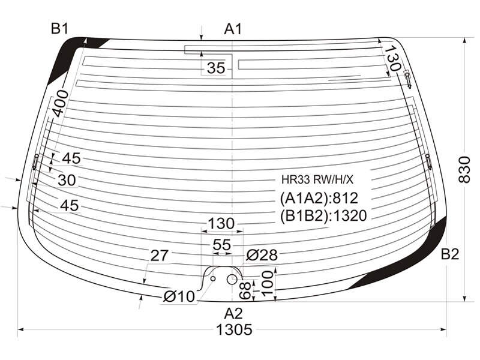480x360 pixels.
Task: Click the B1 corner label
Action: click(59, 29)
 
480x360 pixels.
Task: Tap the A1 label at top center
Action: click(233, 29)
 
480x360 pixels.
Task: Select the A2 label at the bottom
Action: click(233, 313)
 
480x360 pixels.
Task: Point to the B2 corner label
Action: click(449, 254)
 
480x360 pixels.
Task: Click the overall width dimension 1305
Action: click(234, 329)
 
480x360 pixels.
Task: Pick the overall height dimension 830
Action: click(464, 170)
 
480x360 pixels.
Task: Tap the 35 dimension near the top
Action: click(216, 68)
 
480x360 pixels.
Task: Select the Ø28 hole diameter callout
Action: click(262, 254)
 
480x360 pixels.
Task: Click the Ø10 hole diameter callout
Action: click(179, 296)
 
